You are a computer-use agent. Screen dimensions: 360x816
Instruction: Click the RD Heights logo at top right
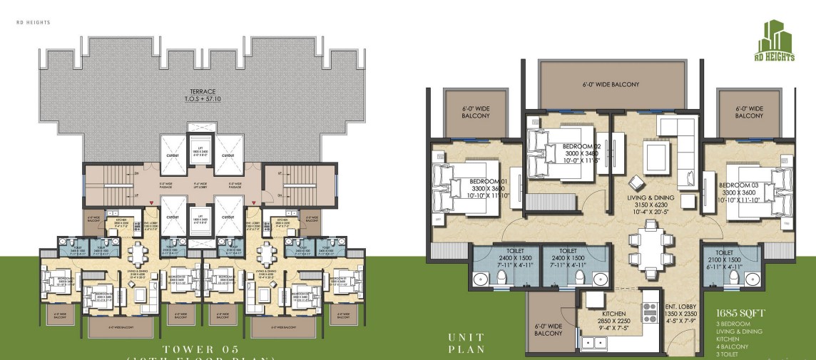coord(775,41)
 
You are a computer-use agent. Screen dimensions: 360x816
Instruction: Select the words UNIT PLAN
coord(466,343)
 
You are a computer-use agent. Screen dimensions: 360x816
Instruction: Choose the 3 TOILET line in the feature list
coord(730,353)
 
